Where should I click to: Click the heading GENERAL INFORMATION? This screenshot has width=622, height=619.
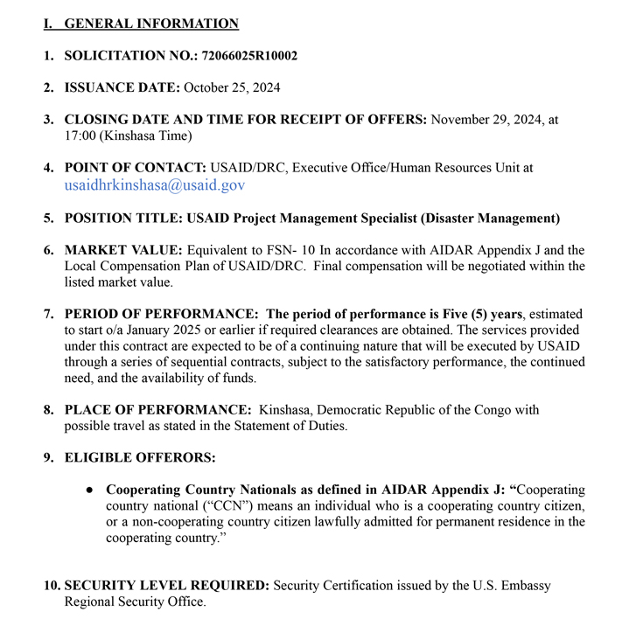tap(150, 24)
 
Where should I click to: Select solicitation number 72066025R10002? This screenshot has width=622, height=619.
tap(249, 56)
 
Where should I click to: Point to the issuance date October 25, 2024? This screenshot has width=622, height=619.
tap(232, 87)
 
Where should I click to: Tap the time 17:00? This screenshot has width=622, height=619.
tap(80, 136)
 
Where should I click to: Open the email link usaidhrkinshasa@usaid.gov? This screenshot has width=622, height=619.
tap(154, 184)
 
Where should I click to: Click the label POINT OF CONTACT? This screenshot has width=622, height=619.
tap(136, 167)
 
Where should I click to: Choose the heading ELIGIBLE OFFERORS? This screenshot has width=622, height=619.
tap(140, 457)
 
